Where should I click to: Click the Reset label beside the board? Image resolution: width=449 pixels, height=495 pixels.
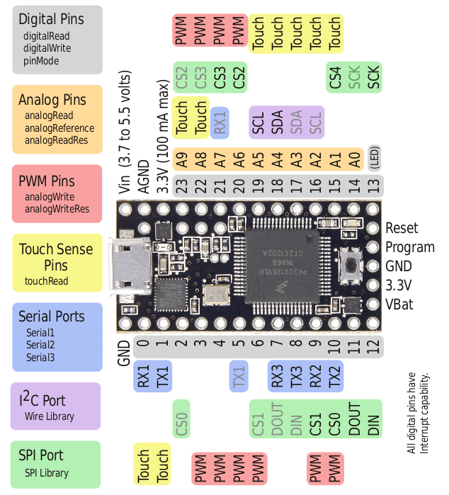click(402, 228)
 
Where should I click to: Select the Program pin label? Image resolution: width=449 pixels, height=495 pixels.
click(410, 247)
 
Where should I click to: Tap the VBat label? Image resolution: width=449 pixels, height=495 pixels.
click(399, 305)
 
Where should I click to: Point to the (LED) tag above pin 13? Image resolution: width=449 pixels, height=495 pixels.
click(374, 159)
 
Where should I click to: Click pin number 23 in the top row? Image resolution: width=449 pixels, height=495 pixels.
click(182, 186)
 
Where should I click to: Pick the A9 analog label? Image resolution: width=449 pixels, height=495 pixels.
click(182, 159)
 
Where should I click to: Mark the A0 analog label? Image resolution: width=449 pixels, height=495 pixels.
click(354, 159)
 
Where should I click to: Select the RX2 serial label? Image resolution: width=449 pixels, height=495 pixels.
click(316, 375)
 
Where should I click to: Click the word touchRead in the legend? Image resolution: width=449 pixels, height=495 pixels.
click(47, 280)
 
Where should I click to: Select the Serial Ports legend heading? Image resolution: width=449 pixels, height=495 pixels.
click(52, 317)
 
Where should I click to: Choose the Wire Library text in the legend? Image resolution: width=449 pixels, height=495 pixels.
click(50, 416)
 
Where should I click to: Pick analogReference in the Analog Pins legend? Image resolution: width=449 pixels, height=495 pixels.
click(59, 128)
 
